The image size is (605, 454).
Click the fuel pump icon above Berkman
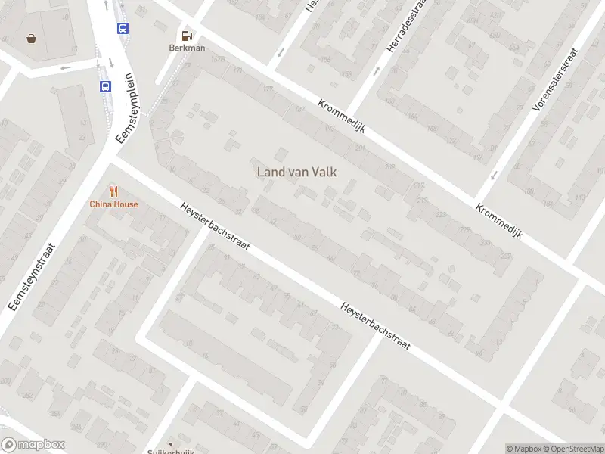pyautogui.click(x=186, y=35)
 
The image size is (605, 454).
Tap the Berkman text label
pyautogui.click(x=186, y=48)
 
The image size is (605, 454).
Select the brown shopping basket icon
pyautogui.click(x=32, y=38)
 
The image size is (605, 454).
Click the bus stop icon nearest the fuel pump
pyautogui.click(x=123, y=29)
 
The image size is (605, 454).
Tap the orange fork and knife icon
pyautogui.click(x=113, y=191)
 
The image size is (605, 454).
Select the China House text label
pyautogui.click(x=113, y=204)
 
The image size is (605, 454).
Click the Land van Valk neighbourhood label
pyautogui.click(x=296, y=172)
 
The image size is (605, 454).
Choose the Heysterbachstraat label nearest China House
pyautogui.click(x=216, y=227)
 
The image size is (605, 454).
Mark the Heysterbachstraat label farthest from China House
pyautogui.click(x=375, y=326)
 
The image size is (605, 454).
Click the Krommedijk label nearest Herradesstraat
pyautogui.click(x=342, y=117)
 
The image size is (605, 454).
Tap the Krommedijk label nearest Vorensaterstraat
pyautogui.click(x=499, y=221)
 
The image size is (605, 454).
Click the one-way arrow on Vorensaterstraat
pyautogui.click(x=494, y=175)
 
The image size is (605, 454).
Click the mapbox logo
pyautogui.click(x=33, y=445)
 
